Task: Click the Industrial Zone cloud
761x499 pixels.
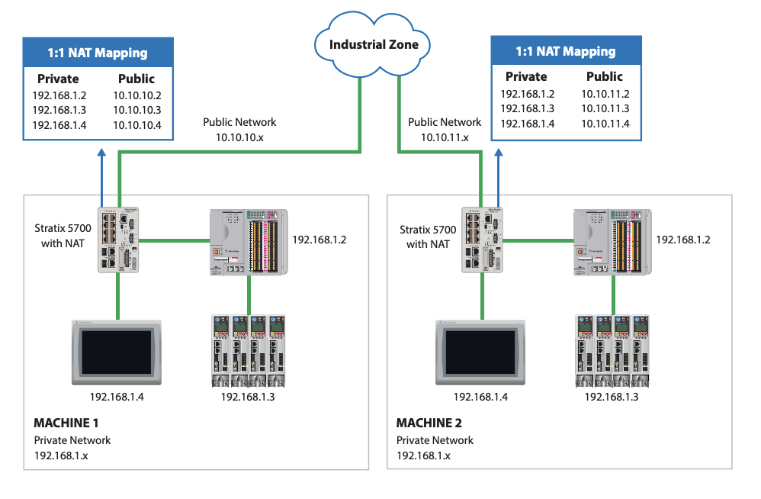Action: (372, 45)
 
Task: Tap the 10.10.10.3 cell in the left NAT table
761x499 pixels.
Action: (137, 110)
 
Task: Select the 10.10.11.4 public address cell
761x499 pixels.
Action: (605, 124)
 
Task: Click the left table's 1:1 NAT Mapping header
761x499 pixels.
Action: (98, 53)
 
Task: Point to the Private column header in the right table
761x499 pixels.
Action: (526, 77)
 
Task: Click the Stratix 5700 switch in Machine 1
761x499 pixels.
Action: (118, 240)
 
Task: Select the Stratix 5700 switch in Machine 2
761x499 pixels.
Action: (482, 240)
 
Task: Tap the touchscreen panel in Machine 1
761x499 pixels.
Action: (117, 353)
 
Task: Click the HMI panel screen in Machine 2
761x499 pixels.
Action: (480, 353)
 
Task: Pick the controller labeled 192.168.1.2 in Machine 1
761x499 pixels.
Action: (249, 242)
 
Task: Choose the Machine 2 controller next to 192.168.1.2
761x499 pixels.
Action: (612, 242)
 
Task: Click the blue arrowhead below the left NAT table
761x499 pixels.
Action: (101, 153)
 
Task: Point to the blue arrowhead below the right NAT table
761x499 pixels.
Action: (499, 153)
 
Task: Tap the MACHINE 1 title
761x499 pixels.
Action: (66, 423)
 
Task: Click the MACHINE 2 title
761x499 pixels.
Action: (429, 423)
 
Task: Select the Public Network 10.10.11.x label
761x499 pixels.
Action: (445, 130)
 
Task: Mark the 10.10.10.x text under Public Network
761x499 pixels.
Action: (239, 138)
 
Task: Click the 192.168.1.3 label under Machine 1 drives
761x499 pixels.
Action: (248, 397)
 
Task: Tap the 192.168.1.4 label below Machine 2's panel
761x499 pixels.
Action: (480, 397)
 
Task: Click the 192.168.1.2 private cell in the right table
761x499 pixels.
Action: (528, 94)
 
